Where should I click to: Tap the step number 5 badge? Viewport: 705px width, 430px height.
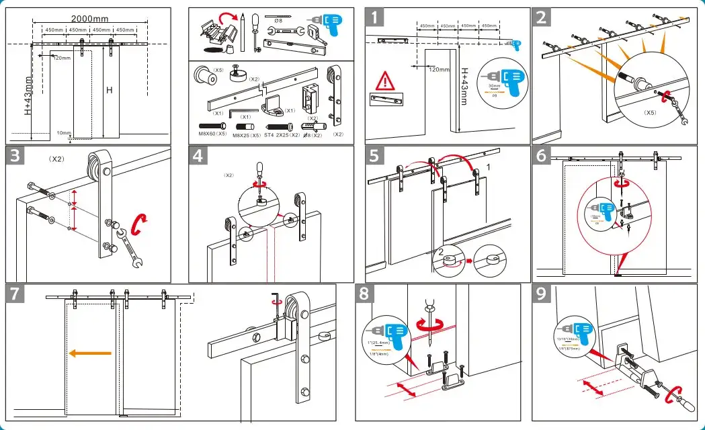[376, 157]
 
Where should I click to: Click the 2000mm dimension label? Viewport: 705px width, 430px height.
[90, 19]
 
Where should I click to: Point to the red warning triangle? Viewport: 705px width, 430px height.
[385, 83]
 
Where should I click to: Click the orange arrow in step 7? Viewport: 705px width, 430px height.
[93, 353]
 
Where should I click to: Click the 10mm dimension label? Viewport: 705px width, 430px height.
[64, 133]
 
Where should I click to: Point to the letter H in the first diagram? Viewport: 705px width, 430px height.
[108, 90]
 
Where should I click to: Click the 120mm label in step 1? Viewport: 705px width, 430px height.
[439, 69]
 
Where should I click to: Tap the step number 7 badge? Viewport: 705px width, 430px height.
[16, 294]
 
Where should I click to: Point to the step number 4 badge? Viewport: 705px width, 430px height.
[198, 157]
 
